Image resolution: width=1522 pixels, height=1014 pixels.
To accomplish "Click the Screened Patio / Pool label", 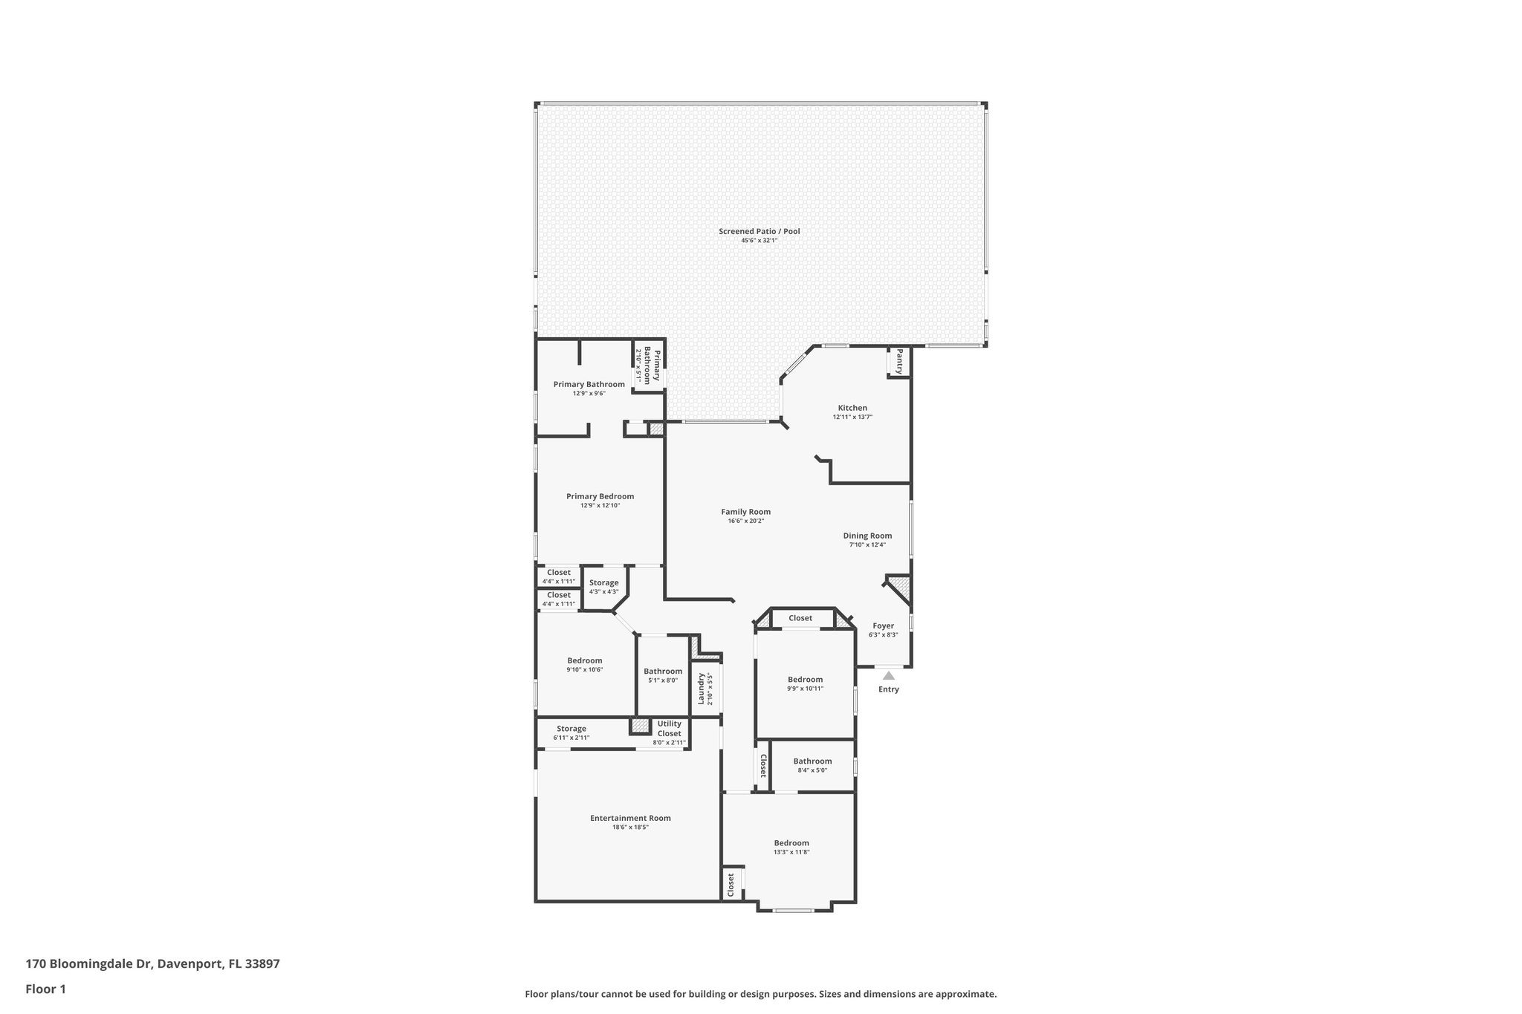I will (x=759, y=232).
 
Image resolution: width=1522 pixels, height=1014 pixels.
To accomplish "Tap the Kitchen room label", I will (x=852, y=408).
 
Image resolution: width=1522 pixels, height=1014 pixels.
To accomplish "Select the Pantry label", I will (x=899, y=361).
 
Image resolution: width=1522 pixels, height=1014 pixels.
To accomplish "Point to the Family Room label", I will (x=745, y=512).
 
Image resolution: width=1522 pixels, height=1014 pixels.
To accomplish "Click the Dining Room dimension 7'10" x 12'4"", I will (x=867, y=545).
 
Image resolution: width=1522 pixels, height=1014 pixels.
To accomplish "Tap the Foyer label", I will (x=883, y=625).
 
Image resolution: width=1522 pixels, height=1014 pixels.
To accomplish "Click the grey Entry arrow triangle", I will (x=888, y=675).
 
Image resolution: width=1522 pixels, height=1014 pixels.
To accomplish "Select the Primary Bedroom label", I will (x=600, y=496).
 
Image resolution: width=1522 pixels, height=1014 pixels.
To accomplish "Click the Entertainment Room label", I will (x=630, y=818).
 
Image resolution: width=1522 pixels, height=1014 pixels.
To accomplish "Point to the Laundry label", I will (x=700, y=689).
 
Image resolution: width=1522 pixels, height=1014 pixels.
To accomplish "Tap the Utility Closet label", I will (x=669, y=729).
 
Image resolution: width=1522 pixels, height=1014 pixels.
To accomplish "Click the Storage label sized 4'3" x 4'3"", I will (x=603, y=583).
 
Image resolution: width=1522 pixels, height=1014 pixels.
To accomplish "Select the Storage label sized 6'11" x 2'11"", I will (x=571, y=729).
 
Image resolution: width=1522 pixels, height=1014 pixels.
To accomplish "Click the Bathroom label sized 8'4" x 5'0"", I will (x=812, y=761).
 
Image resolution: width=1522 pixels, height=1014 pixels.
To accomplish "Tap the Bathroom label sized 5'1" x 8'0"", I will (x=662, y=671).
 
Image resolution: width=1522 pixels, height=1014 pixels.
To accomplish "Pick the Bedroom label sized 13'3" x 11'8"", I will (x=791, y=842).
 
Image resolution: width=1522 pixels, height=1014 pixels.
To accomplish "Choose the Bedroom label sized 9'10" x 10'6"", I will (x=584, y=660).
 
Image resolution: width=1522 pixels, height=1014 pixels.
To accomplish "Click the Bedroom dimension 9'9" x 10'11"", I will (x=805, y=689).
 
